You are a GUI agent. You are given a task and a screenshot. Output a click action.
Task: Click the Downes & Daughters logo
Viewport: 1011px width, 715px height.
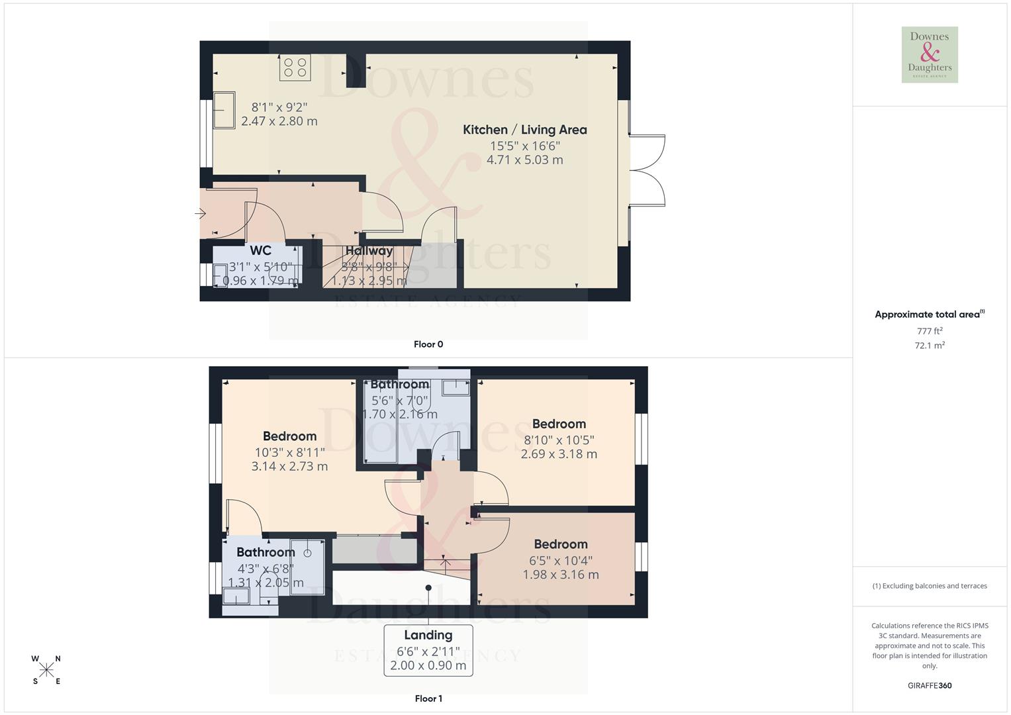click(x=930, y=55)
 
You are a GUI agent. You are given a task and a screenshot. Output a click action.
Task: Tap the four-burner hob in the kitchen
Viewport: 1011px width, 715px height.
click(x=295, y=68)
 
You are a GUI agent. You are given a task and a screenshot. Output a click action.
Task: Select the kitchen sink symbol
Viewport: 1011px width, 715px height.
click(x=224, y=110)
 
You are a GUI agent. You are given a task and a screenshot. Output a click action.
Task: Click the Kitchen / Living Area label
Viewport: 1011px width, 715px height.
click(x=524, y=130)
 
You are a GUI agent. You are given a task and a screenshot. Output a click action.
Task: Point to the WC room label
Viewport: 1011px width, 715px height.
click(x=260, y=251)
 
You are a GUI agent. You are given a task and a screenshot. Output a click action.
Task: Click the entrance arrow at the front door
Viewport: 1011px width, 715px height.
click(x=200, y=214)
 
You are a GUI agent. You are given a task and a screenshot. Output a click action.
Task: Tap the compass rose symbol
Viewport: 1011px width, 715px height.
click(x=46, y=670)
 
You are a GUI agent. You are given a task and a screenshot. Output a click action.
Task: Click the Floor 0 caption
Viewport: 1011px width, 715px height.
click(x=428, y=344)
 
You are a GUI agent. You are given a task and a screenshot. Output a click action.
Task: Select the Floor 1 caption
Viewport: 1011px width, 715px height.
click(x=428, y=698)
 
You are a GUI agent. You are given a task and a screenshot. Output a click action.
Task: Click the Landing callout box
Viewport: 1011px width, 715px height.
click(x=428, y=650)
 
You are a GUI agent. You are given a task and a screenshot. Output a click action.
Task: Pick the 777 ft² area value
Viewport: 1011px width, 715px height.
click(x=930, y=331)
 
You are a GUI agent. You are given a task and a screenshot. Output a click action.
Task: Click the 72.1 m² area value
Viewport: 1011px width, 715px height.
click(x=930, y=346)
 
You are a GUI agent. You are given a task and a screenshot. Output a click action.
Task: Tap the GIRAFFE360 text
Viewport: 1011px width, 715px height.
click(x=930, y=686)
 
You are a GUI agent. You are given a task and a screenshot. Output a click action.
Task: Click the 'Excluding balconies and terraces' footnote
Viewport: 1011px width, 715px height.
click(x=930, y=586)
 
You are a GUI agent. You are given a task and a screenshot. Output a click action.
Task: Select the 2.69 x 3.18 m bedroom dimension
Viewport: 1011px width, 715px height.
click(x=559, y=454)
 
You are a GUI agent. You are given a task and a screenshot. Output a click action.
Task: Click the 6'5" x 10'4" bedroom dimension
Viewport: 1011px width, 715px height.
click(x=560, y=561)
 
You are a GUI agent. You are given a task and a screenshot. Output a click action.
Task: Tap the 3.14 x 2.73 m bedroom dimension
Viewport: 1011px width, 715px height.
click(x=289, y=466)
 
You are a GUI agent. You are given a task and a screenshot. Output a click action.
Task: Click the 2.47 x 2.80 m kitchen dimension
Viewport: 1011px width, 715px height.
click(x=279, y=121)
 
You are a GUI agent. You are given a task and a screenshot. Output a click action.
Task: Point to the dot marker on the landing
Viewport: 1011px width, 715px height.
click(x=428, y=588)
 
